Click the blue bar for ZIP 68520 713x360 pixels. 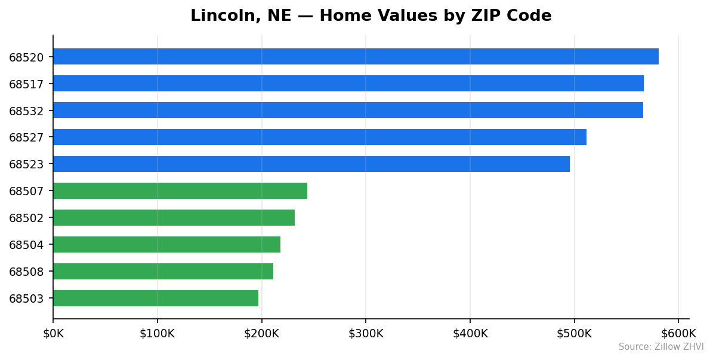(356, 57)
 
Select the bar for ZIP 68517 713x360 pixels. (348, 84)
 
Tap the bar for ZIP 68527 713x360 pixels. (319, 137)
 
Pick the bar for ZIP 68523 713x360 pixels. (311, 164)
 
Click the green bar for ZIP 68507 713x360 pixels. (180, 191)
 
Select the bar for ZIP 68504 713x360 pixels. (166, 245)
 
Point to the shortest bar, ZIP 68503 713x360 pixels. (155, 299)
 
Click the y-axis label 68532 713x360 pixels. (26, 111)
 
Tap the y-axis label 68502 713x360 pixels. (26, 219)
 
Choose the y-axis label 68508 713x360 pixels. (26, 272)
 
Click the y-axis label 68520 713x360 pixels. (26, 57)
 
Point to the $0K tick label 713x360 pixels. (53, 333)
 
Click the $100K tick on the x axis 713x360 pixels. (157, 333)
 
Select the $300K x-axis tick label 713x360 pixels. (366, 333)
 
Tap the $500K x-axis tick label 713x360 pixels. (574, 333)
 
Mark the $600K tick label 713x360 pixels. (678, 333)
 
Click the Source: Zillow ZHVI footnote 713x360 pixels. (660, 347)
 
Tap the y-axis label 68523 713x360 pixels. (26, 165)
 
